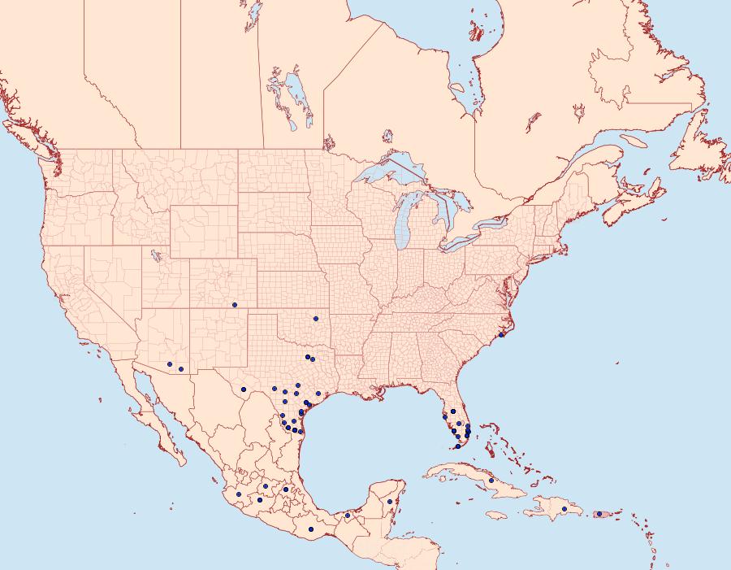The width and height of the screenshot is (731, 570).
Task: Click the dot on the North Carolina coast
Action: (x=501, y=335)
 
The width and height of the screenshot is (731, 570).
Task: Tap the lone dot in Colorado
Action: (x=235, y=305)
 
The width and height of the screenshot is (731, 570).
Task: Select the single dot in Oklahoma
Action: (x=315, y=318)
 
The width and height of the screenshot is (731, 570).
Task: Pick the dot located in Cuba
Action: (x=491, y=481)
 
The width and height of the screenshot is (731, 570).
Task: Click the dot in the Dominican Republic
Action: (x=564, y=509)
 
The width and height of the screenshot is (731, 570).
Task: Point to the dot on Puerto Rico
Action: (x=599, y=514)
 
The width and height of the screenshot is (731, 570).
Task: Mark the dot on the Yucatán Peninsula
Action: (x=390, y=501)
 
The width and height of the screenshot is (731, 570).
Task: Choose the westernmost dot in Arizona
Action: (x=169, y=363)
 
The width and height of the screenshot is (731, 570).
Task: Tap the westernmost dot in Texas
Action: (x=244, y=389)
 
